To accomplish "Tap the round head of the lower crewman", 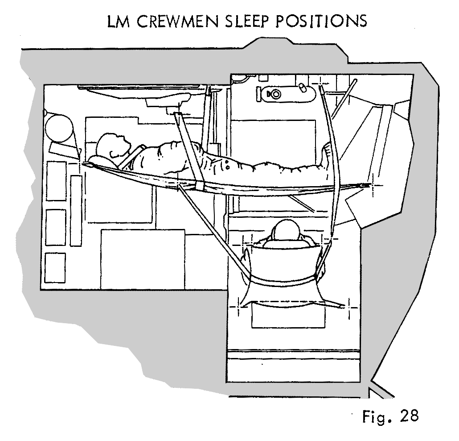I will coord(288,231).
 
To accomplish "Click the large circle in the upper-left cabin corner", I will coord(60,126).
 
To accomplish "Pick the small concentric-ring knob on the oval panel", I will coord(275,94).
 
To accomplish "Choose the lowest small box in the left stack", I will coord(55,267).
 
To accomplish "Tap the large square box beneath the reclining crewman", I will coord(143,259).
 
